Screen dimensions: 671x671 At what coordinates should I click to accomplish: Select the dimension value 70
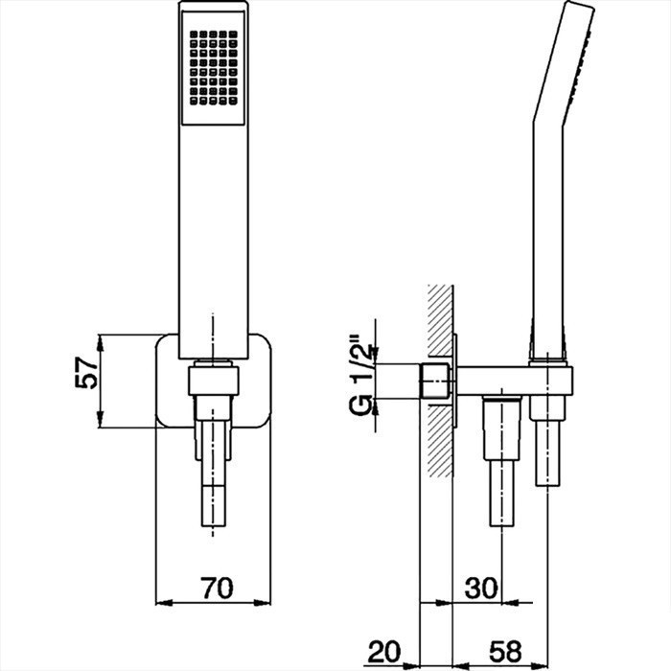coord(217,588)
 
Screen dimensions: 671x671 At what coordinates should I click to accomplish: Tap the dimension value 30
coord(480,588)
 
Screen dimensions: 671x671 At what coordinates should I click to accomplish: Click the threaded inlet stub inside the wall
coord(436,382)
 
